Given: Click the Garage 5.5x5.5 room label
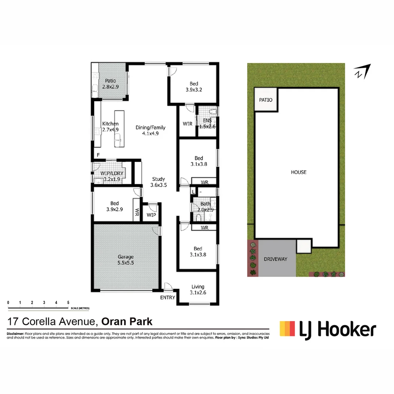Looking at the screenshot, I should (125, 259).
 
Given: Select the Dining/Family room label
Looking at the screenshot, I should (150, 130).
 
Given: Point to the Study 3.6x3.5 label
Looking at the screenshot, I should (158, 182).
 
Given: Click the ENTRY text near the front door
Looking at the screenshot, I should (168, 298).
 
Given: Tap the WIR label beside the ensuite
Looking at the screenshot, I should (188, 124).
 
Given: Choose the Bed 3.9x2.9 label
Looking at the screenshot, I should (115, 206).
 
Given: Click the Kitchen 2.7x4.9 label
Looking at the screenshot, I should (110, 126).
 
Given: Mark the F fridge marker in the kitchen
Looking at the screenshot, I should (98, 155).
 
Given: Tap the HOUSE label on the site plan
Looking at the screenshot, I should (298, 172).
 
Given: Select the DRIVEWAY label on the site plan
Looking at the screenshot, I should (275, 259).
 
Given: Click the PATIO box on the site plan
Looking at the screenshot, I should (266, 100).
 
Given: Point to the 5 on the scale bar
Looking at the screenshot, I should (68, 302).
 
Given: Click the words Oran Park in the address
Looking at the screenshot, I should (127, 321).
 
